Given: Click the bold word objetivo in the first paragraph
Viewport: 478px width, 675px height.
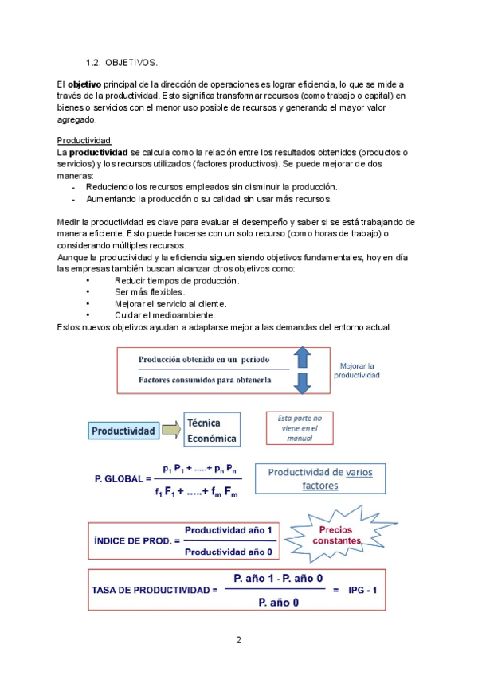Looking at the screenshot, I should [x=84, y=84].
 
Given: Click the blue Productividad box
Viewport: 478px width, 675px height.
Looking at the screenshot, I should [x=123, y=431].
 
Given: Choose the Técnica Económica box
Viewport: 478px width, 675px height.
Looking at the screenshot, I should [x=211, y=430].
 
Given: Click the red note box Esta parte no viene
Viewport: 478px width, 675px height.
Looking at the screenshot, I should [x=299, y=427].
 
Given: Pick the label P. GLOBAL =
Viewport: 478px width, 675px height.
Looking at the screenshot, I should [x=122, y=478].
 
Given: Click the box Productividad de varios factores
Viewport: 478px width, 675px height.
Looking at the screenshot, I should [x=319, y=478].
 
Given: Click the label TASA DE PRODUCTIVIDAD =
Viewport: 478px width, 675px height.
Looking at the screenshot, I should [x=155, y=590].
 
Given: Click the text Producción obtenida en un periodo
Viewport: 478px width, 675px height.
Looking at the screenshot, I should [x=204, y=359].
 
